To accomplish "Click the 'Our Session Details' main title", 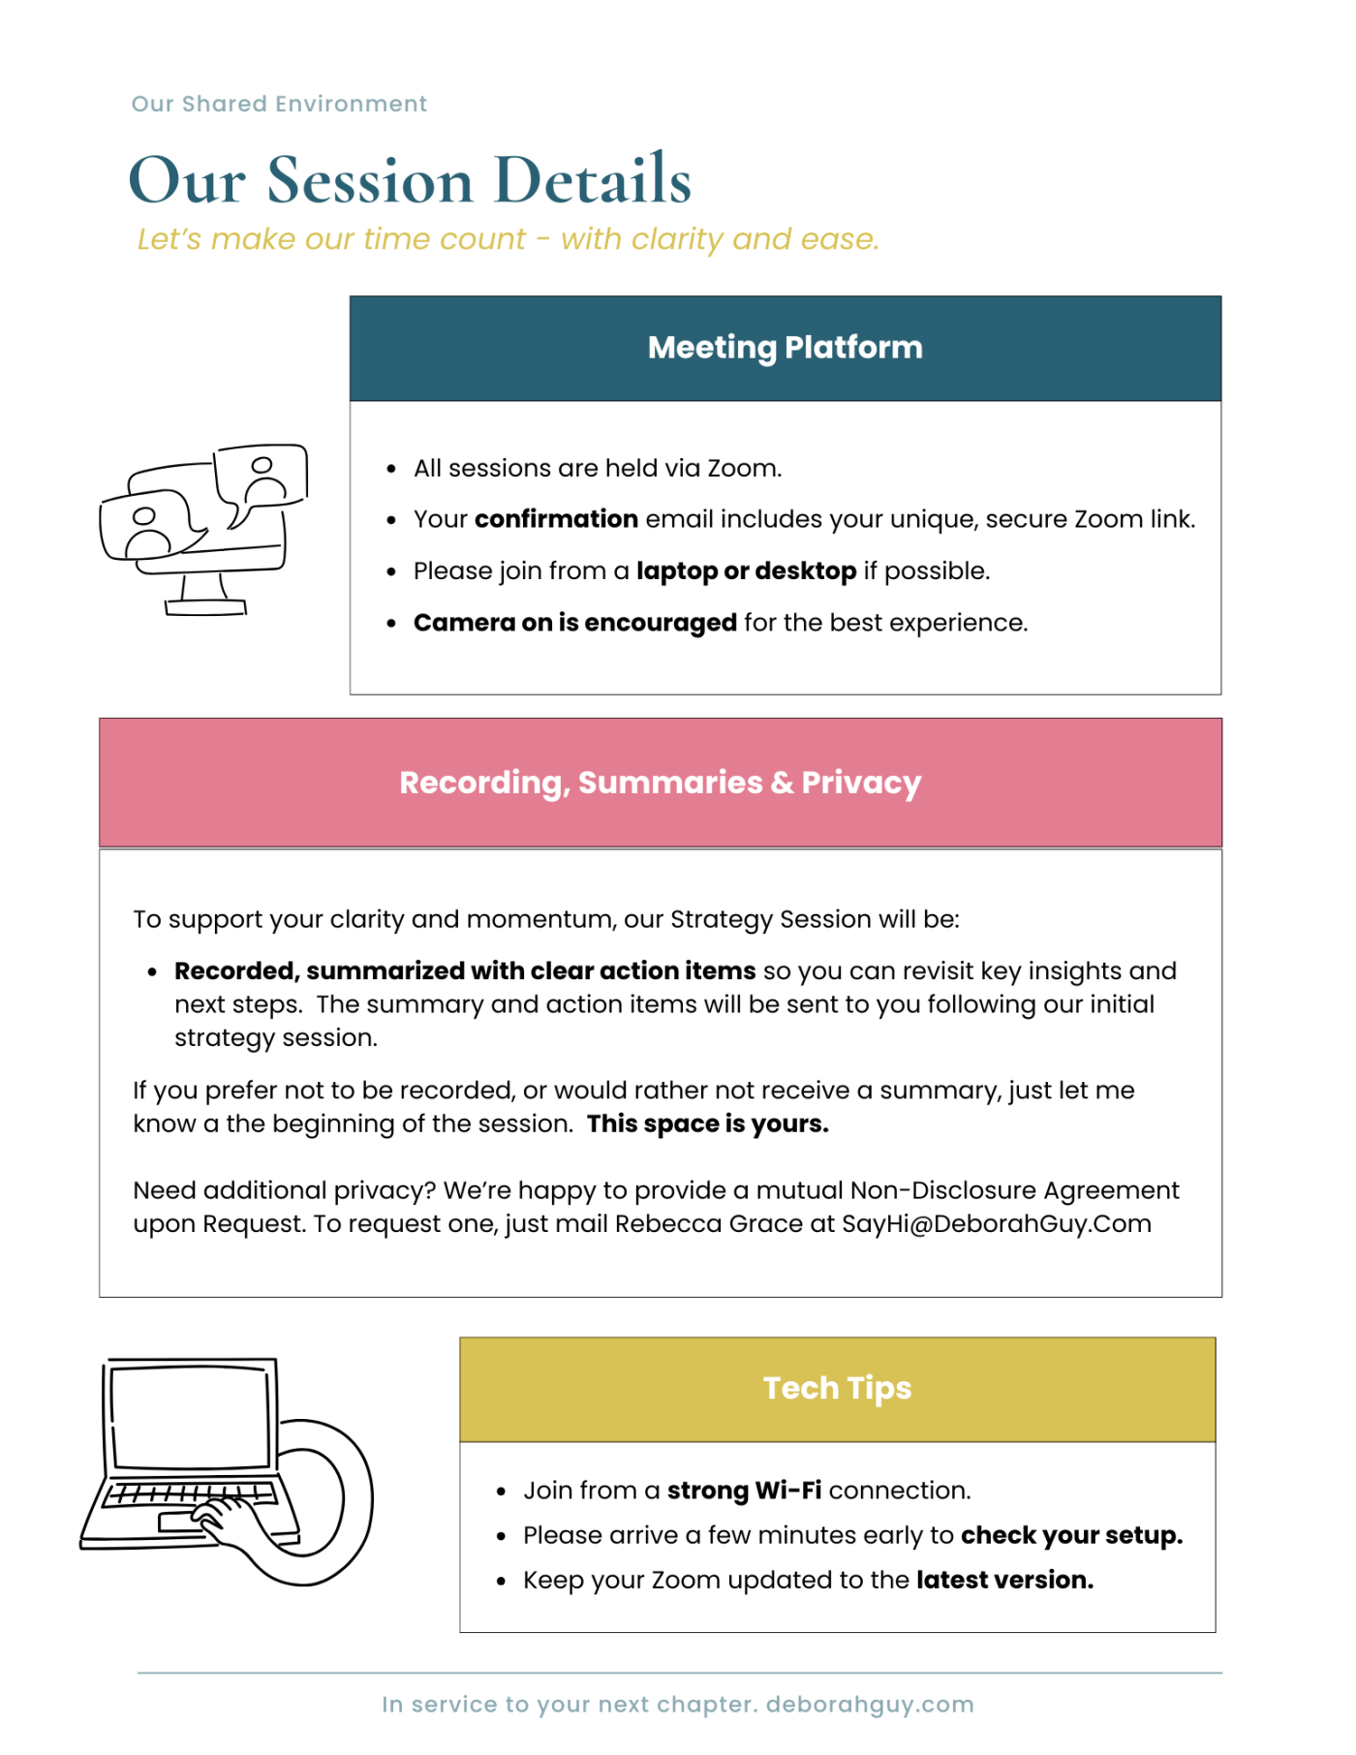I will click(x=410, y=180).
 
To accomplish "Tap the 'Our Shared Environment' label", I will click(x=279, y=104).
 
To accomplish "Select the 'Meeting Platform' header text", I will click(x=785, y=347).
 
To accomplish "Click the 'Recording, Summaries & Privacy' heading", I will click(x=660, y=782).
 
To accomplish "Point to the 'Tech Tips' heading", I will click(x=837, y=1388).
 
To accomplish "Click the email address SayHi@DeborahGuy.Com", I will click(x=996, y=1223).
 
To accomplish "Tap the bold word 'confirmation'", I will click(x=556, y=519).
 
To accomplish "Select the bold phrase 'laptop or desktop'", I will click(x=746, y=570).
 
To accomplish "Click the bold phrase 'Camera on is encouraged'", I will click(x=575, y=622).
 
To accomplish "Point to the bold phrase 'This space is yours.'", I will click(x=708, y=1124).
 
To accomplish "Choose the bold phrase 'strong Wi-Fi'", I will click(x=744, y=1490).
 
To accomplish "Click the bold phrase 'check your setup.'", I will click(x=1071, y=1535).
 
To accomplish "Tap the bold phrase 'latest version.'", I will click(x=1004, y=1580).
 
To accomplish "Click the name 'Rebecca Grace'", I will click(x=708, y=1223).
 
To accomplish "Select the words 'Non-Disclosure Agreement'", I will click(x=1014, y=1190).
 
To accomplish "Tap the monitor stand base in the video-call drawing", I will click(x=205, y=607).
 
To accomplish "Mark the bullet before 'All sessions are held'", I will click(x=391, y=469).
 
